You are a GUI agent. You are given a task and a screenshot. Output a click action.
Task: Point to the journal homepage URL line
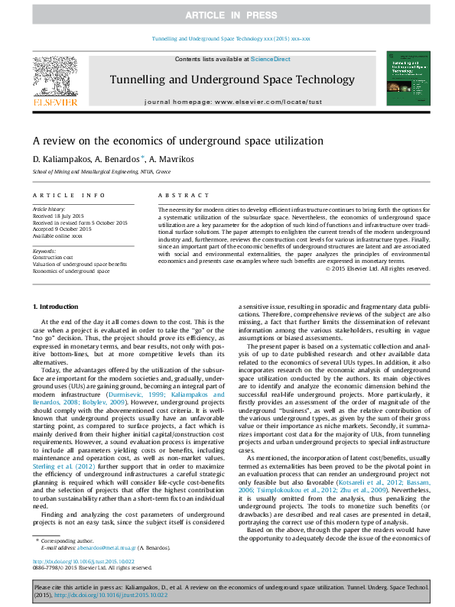(x=227, y=102)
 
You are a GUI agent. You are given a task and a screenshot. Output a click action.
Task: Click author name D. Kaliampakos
(x=59, y=158)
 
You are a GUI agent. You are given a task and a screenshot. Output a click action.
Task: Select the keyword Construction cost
(x=54, y=257)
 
